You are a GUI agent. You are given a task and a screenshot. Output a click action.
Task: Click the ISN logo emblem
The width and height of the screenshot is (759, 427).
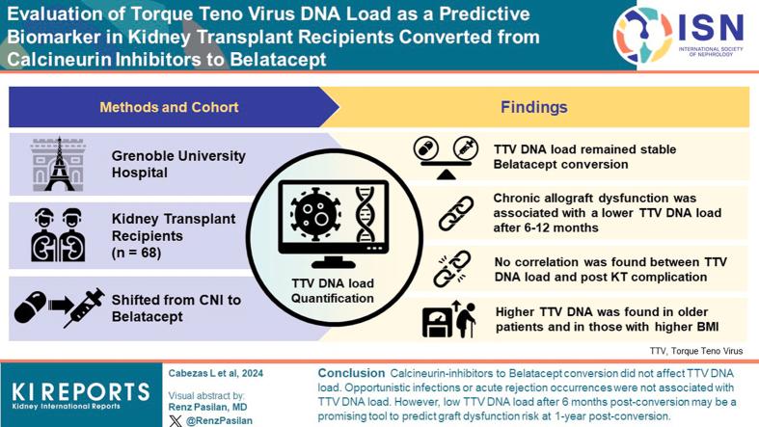point(645,36)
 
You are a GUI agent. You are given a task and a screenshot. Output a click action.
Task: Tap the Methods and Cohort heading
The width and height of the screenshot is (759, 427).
point(169,107)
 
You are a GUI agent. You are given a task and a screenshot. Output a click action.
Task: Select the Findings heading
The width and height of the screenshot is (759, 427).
point(533,107)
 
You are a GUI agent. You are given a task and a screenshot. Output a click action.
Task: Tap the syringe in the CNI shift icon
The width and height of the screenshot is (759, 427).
point(83,307)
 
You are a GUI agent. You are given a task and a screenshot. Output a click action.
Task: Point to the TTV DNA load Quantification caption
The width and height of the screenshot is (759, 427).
point(333,290)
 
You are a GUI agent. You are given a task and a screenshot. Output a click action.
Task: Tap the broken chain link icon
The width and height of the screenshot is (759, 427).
point(452,269)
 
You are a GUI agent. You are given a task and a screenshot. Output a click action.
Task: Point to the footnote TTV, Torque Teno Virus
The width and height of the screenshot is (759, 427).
point(696,351)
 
